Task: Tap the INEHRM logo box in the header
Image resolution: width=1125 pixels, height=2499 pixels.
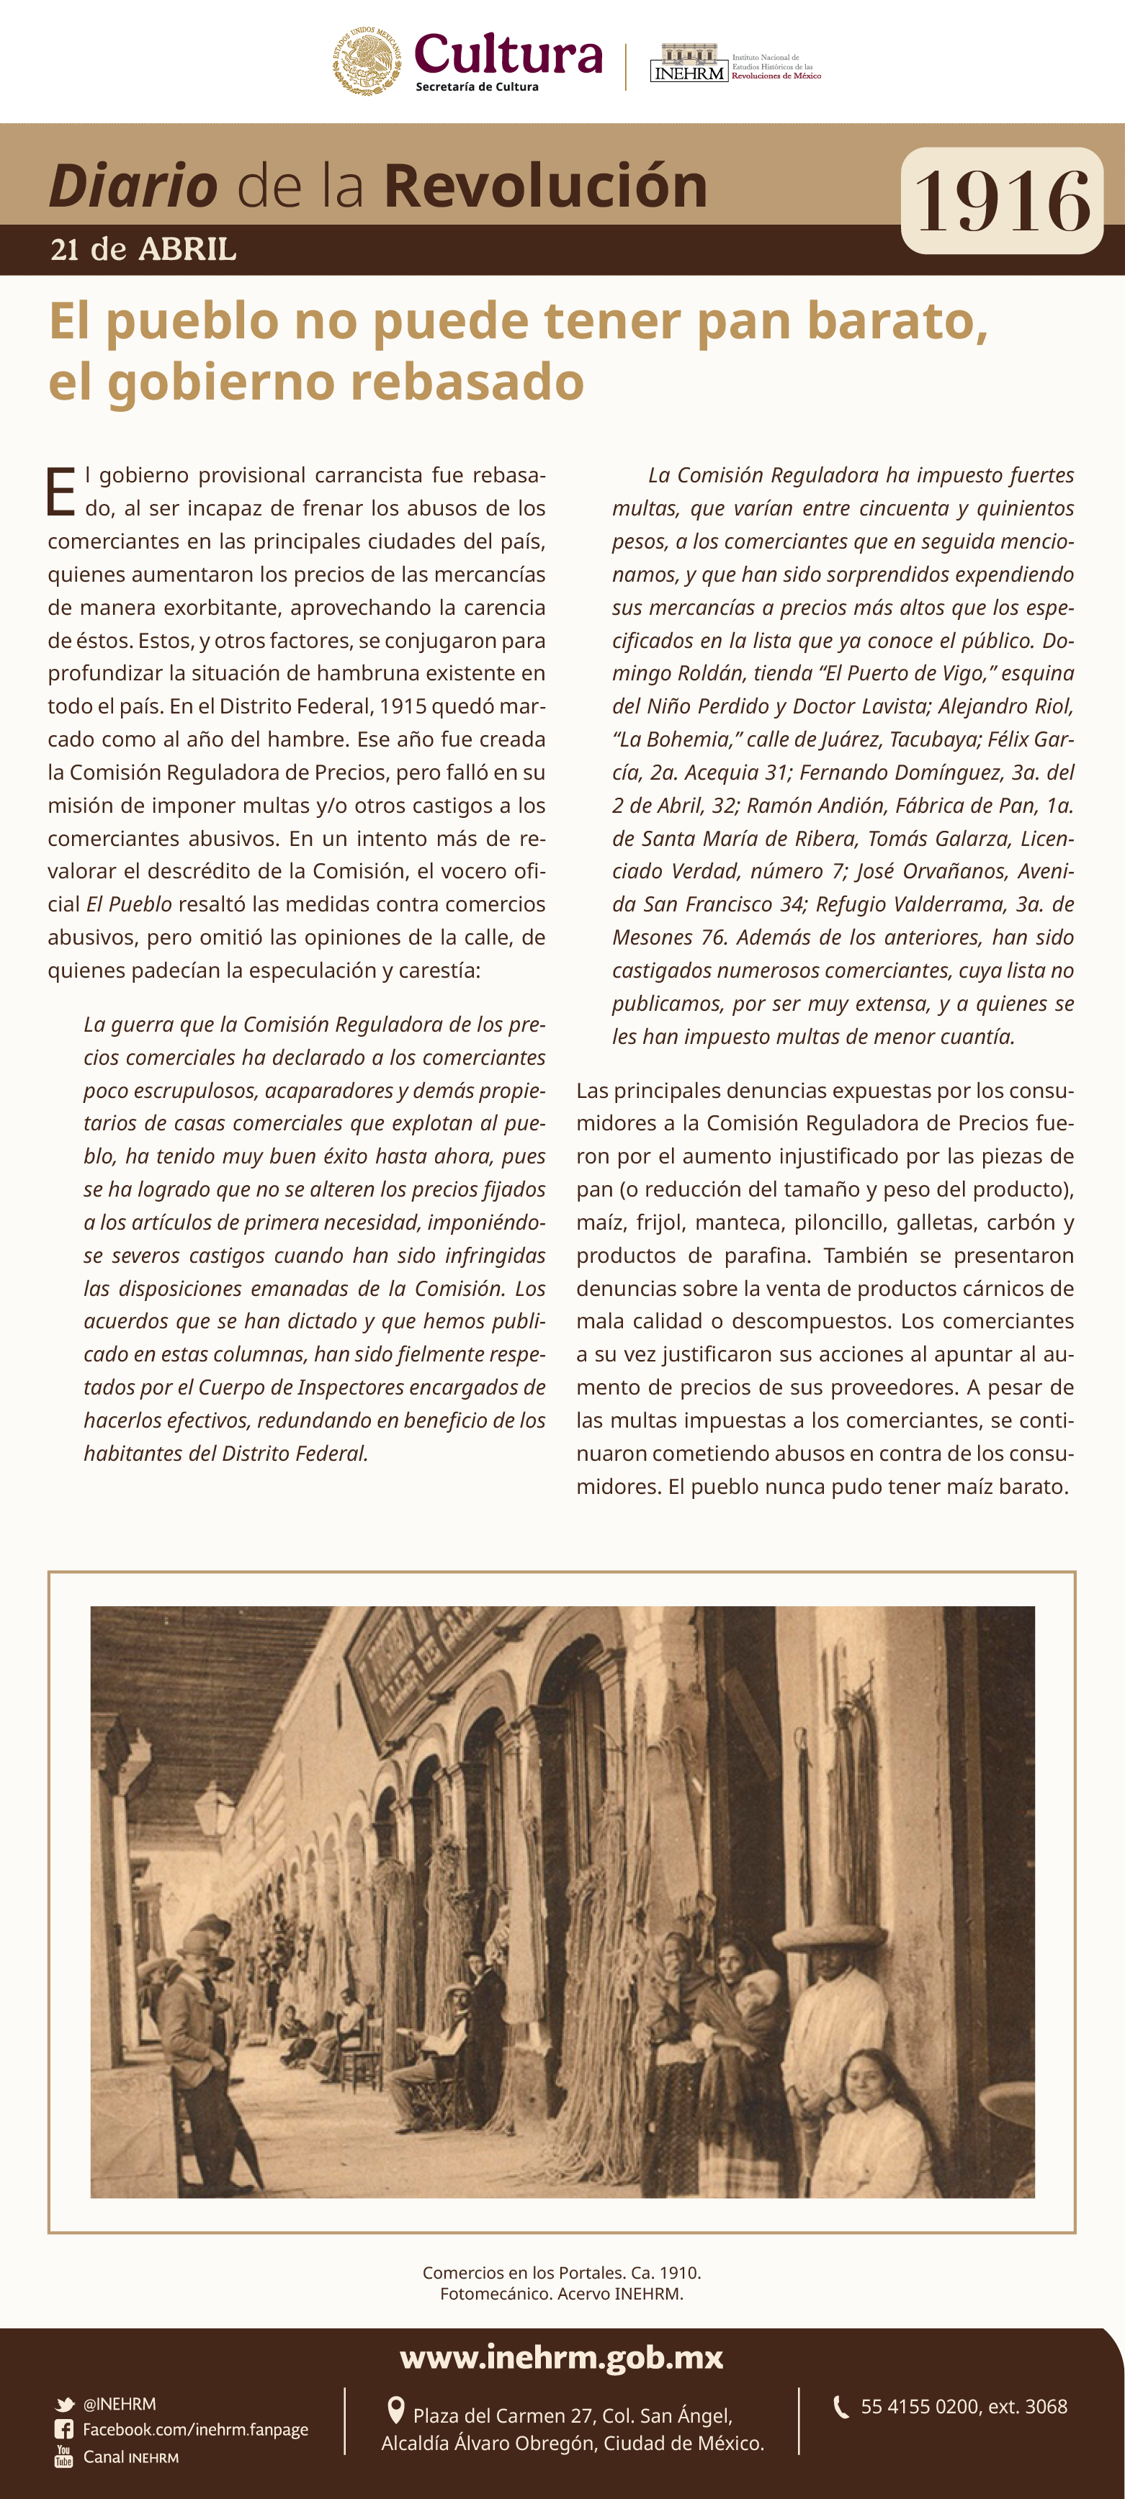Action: (x=689, y=64)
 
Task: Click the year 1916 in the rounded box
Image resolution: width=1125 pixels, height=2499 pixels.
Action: (x=1002, y=201)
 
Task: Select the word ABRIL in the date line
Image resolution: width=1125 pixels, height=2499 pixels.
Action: (x=187, y=249)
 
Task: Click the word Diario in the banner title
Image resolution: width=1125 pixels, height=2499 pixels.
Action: (x=133, y=186)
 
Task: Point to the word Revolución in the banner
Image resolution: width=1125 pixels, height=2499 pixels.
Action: (x=545, y=186)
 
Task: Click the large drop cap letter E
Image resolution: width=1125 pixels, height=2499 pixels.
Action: (x=60, y=492)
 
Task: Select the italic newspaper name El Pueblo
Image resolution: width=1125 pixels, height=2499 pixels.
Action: (x=129, y=904)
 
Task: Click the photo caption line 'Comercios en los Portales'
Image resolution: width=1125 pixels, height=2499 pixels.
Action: (x=561, y=2272)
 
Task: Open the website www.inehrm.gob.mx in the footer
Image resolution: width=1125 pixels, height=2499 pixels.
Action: (x=561, y=2357)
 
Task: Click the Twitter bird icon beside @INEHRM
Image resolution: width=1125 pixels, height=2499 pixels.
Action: (x=65, y=2404)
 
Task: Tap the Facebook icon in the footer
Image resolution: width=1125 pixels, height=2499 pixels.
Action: (x=64, y=2429)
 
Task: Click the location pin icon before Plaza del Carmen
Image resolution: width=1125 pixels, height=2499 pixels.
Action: (x=395, y=2410)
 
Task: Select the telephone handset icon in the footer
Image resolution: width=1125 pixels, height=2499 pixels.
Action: (x=841, y=2406)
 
